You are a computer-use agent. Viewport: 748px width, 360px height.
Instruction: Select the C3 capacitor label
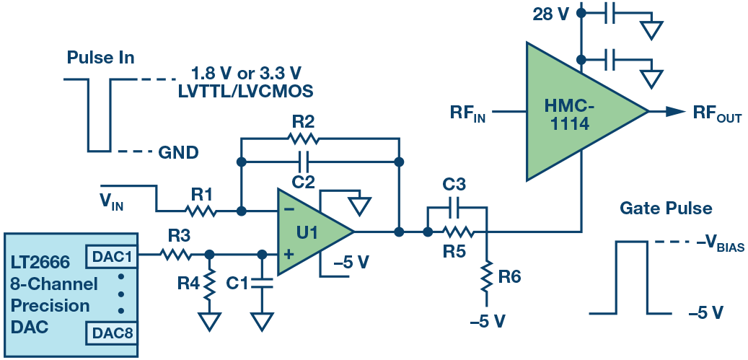tap(457, 185)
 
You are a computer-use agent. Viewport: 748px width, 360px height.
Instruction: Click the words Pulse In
tap(101, 58)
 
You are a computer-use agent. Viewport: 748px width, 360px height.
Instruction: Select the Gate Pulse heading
tap(666, 209)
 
